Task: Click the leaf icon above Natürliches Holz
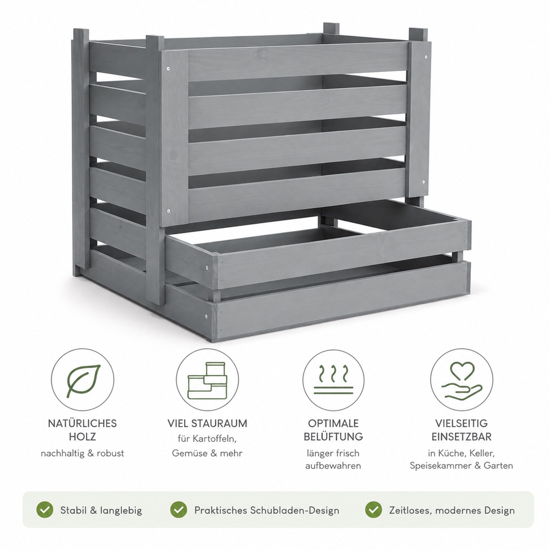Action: pyautogui.click(x=83, y=381)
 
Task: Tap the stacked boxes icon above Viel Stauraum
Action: pyautogui.click(x=207, y=380)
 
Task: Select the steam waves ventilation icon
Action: pyautogui.click(x=333, y=380)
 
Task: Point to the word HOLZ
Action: pyautogui.click(x=82, y=437)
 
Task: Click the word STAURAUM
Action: pyautogui.click(x=219, y=423)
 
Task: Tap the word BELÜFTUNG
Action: pyautogui.click(x=333, y=437)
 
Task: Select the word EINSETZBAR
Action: pyautogui.click(x=461, y=437)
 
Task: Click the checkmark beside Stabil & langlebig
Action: pyautogui.click(x=45, y=510)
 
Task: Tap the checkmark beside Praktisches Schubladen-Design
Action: pyautogui.click(x=179, y=510)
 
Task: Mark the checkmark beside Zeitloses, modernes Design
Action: pyautogui.click(x=373, y=510)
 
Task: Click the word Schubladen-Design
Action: pyautogui.click(x=295, y=510)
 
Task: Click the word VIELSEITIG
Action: pyautogui.click(x=461, y=423)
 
